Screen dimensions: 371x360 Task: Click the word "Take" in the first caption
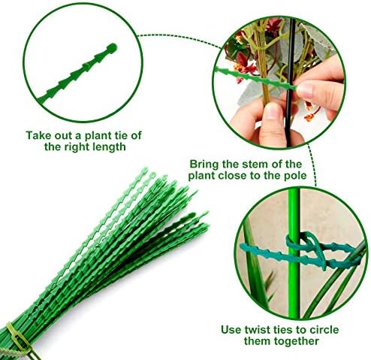point(38,135)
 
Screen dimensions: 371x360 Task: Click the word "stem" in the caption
point(254,165)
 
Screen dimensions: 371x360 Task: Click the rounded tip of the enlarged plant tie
point(112,47)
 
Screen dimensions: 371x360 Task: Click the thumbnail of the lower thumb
point(272,113)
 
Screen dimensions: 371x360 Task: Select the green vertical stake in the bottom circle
point(294,253)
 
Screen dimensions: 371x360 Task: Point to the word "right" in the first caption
point(77,147)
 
